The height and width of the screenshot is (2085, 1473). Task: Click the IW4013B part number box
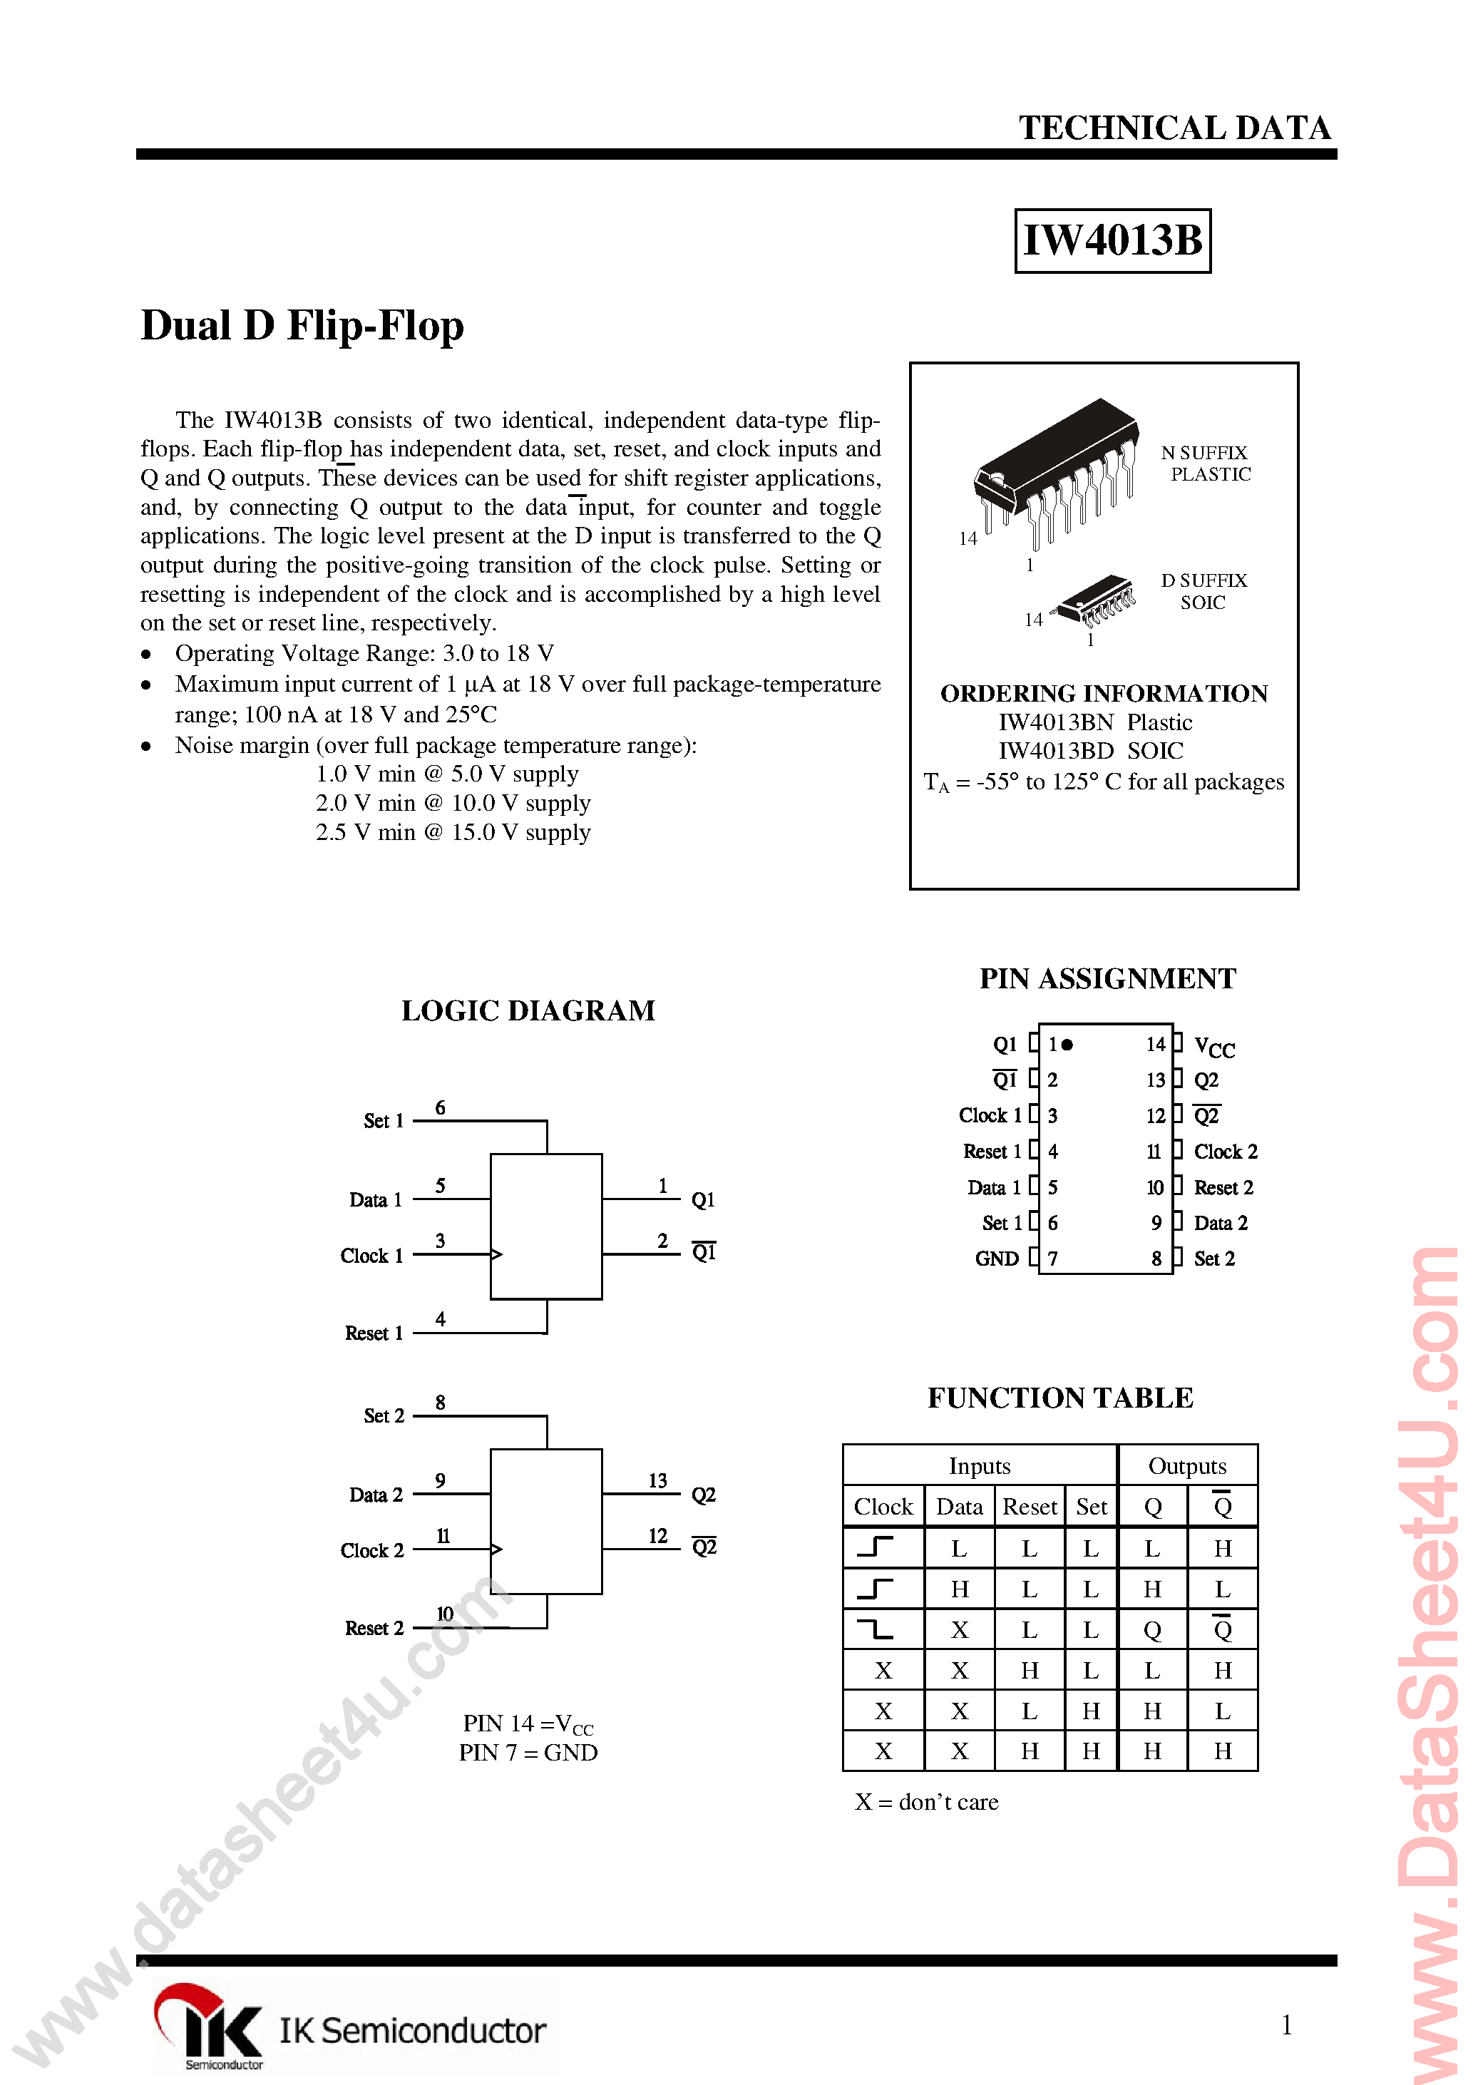[1112, 240]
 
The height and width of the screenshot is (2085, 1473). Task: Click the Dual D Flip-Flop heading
[302, 326]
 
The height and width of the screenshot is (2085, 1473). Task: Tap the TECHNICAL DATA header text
[1174, 128]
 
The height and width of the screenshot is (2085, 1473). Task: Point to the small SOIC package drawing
[1095, 600]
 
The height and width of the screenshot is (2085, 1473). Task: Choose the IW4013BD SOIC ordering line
[1089, 751]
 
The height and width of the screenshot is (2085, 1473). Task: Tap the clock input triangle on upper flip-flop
[496, 1254]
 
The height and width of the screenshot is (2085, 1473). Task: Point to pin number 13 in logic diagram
[657, 1480]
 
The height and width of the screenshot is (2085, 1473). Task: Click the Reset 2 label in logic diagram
[374, 1628]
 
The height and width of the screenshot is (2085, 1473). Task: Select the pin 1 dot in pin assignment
[1067, 1045]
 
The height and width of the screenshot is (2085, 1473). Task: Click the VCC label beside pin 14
[1214, 1047]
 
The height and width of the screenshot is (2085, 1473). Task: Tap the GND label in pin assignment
[996, 1259]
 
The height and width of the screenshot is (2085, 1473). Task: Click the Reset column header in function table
[1029, 1507]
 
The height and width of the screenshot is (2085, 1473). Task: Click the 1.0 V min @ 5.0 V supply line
[447, 774]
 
